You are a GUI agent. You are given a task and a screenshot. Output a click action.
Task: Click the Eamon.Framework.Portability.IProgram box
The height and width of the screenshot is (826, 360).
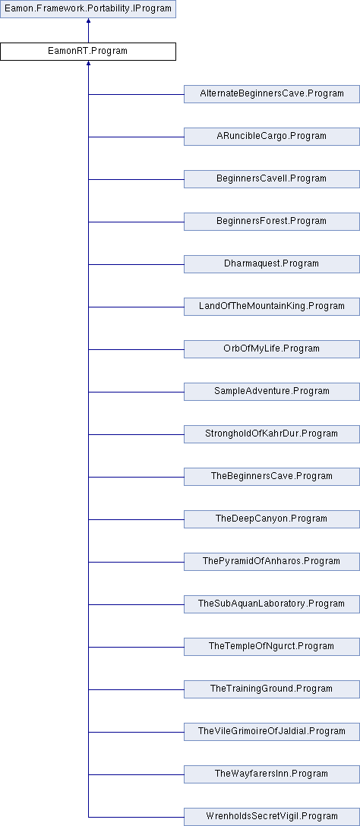87,9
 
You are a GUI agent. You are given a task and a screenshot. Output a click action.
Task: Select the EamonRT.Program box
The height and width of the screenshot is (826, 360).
87,52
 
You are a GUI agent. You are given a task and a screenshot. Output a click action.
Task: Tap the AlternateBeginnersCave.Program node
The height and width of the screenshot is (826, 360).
271,94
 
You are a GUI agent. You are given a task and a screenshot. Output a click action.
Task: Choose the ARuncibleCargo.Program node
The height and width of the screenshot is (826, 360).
271,137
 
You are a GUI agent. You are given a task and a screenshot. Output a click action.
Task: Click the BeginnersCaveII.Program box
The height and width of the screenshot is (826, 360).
271,179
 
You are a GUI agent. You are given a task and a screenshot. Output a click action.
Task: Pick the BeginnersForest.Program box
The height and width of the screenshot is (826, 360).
271,221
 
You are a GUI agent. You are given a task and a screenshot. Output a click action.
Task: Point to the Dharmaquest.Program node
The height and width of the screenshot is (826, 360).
271,264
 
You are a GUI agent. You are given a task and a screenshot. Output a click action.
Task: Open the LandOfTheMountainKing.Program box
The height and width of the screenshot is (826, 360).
271,307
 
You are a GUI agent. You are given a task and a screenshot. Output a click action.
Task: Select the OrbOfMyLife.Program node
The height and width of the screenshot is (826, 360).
271,349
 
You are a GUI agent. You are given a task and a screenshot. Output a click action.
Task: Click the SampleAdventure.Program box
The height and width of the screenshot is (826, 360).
271,392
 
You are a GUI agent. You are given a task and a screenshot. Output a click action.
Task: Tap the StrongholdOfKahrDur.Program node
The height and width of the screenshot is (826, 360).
271,434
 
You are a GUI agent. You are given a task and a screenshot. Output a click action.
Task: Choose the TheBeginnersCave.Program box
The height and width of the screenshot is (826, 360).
271,477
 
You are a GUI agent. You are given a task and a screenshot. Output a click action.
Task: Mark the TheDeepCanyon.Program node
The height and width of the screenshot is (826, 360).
271,519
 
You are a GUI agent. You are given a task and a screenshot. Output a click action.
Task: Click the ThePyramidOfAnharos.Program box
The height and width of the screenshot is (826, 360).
271,562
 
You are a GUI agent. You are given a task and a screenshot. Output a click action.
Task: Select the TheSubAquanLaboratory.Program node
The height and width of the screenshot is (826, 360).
271,604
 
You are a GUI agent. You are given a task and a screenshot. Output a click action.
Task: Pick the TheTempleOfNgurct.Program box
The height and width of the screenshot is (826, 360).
271,646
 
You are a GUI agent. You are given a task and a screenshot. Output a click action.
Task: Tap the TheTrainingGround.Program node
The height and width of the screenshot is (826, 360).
271,689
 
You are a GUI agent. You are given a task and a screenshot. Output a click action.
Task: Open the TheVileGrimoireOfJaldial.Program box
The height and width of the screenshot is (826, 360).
271,732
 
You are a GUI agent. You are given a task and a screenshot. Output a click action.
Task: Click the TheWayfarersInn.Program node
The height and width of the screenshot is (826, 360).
271,774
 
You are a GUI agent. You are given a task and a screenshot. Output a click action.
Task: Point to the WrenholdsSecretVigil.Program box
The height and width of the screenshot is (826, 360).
271,817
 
